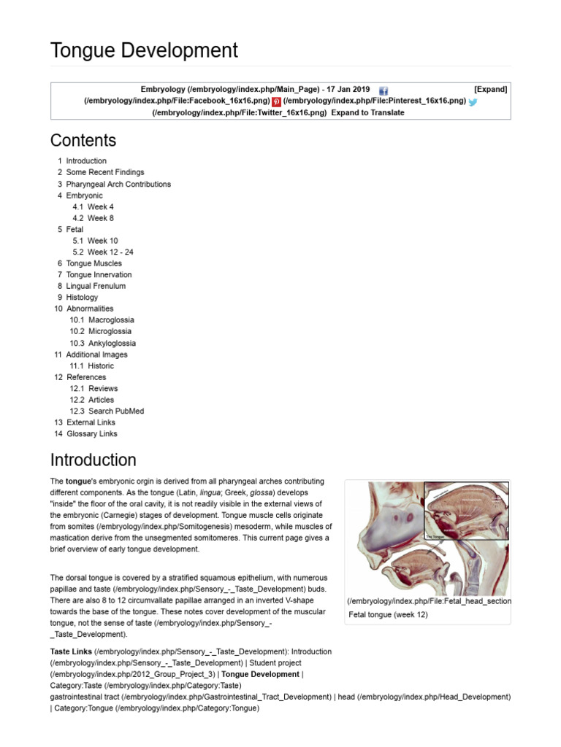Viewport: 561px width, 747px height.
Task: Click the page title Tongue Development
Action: click(144, 50)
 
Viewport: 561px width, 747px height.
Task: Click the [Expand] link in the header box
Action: click(490, 89)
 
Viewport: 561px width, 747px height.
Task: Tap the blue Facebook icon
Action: click(383, 90)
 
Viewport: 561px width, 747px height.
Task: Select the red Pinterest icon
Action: click(276, 102)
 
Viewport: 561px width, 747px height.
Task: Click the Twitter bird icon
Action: click(473, 102)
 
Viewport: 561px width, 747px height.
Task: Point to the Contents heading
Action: click(83, 140)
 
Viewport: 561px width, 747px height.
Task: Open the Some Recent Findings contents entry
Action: click(105, 173)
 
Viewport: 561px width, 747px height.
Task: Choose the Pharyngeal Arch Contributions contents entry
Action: click(118, 185)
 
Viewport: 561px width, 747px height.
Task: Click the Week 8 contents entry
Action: click(101, 218)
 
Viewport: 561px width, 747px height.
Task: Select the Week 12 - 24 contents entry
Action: click(110, 252)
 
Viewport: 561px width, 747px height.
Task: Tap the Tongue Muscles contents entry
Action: click(94, 263)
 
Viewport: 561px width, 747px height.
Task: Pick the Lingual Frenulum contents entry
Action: click(96, 286)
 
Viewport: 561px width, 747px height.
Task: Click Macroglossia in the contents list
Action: click(111, 320)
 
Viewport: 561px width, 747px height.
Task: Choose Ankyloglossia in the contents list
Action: click(112, 343)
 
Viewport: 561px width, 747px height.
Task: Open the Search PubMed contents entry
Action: click(116, 411)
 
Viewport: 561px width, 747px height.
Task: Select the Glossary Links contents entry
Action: click(91, 434)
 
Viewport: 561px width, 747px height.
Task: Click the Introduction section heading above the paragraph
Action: click(93, 460)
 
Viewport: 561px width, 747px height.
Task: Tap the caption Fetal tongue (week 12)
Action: click(389, 615)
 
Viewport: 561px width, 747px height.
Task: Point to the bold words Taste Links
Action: click(70, 651)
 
